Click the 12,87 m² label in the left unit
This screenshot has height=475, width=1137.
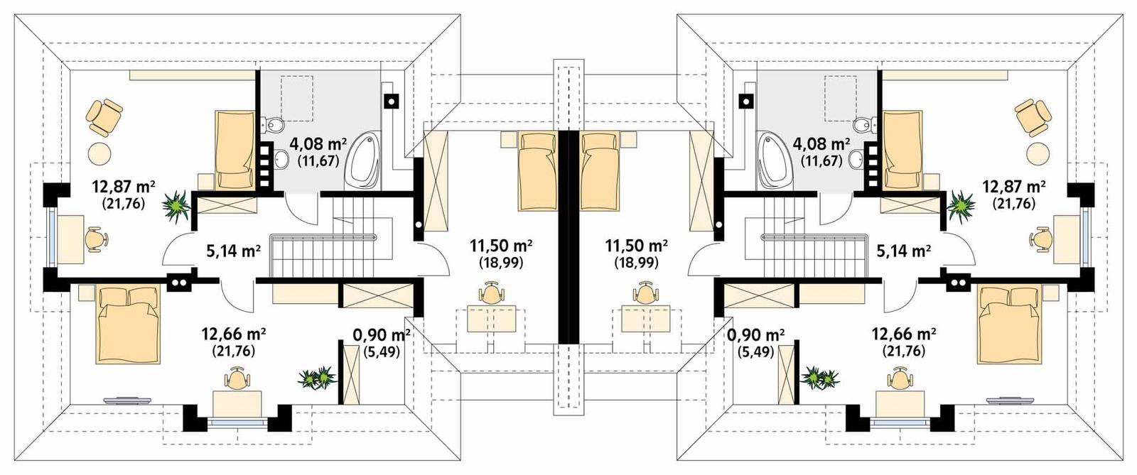(123, 187)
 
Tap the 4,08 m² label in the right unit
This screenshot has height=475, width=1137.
(821, 144)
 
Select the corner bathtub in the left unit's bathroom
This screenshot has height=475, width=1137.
(364, 159)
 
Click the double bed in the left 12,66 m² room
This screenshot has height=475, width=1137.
(129, 323)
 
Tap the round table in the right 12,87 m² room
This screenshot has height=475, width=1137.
(1040, 153)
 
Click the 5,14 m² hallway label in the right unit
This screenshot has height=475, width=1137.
(904, 251)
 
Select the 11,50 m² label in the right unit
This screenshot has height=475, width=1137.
(636, 246)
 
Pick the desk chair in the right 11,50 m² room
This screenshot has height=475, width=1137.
(645, 293)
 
